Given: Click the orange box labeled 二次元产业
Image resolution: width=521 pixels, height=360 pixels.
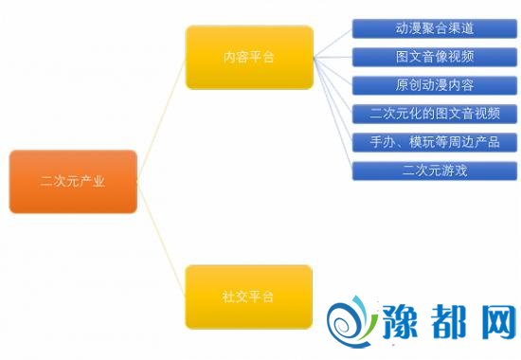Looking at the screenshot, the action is click(73, 182).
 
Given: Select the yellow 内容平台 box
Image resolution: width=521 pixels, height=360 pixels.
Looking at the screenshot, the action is click(249, 57).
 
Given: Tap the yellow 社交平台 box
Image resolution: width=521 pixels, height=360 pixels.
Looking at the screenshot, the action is click(248, 297).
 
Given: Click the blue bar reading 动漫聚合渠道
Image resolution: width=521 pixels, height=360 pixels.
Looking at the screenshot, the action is click(435, 28).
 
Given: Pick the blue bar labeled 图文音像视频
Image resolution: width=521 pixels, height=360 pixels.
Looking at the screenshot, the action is click(435, 57).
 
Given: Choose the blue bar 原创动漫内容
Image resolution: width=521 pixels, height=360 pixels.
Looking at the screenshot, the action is click(435, 85).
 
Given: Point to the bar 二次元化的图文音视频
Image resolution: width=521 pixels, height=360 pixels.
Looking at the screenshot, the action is click(435, 114).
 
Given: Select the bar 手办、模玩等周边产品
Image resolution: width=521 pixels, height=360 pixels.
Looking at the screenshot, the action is click(435, 142).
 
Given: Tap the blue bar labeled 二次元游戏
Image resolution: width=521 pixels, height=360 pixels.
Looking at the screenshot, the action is click(435, 171).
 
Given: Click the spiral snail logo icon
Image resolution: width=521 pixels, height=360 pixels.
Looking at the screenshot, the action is click(351, 322).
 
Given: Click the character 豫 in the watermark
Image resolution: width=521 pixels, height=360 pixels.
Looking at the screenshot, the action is click(401, 321).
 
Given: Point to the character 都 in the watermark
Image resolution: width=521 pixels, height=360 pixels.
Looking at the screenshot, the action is click(450, 321).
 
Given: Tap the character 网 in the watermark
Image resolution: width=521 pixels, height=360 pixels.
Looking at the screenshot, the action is click(497, 321).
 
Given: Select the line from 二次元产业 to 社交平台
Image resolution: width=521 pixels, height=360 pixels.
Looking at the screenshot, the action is click(161, 239).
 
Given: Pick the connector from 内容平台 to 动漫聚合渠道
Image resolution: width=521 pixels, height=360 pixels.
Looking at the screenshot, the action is click(332, 44).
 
